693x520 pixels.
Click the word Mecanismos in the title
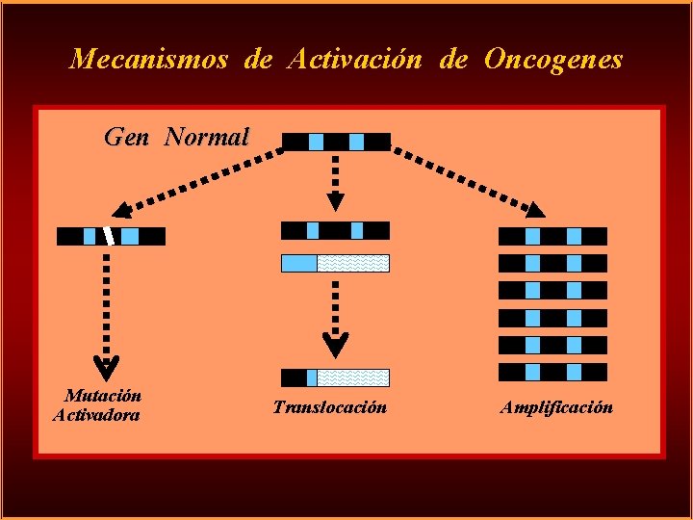point(149,60)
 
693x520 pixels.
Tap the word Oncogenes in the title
point(553,60)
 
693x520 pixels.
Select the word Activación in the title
point(355,60)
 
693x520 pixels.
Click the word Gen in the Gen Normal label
point(126,137)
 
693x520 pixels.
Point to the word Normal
point(207,137)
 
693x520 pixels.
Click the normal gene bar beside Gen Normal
point(336,142)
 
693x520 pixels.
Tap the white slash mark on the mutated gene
point(110,235)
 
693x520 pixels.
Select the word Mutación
point(103,396)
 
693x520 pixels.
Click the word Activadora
point(96,415)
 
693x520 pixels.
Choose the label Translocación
point(329,407)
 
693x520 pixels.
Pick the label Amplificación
point(556,407)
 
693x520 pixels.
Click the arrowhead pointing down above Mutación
point(105,365)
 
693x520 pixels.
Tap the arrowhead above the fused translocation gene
point(335,345)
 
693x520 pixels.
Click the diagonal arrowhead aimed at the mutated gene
point(122,210)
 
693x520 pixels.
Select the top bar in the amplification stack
point(552,236)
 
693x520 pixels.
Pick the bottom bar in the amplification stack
point(552,372)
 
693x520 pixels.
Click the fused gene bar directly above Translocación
point(335,377)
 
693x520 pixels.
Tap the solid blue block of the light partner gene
point(298,263)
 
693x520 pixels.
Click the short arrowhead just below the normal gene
point(335,200)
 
